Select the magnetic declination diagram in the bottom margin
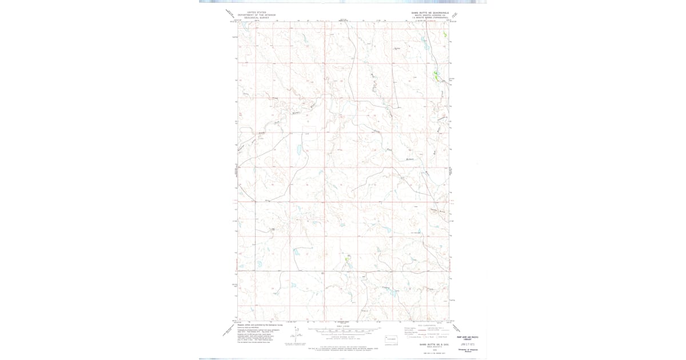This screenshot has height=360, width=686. pos(297,337)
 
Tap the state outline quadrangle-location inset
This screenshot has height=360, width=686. pos(391,339)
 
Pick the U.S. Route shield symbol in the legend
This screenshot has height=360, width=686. pos(426,337)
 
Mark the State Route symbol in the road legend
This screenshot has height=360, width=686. pos(439,337)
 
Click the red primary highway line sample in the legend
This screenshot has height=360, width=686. pos(413,328)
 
